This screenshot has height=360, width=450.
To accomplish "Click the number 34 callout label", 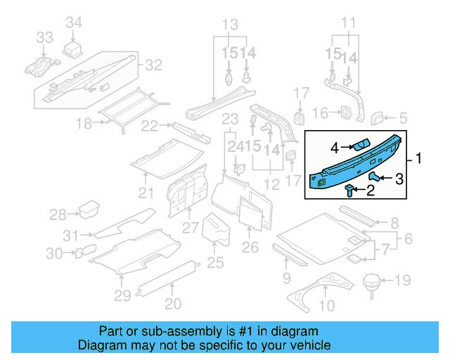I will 74,24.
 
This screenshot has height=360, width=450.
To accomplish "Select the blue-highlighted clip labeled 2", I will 350,190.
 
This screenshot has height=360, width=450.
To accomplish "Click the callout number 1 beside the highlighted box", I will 420,160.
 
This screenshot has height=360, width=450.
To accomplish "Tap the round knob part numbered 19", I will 371,283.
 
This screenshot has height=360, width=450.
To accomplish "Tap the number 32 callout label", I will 153,65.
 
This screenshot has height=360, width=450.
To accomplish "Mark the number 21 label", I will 146,193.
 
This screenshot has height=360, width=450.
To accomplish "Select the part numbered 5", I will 378,117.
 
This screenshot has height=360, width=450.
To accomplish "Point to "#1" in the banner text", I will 240,331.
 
